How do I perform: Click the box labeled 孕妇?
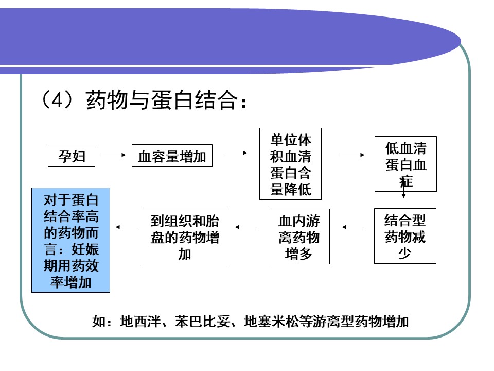click(72, 156)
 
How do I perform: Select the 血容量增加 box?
click(172, 156)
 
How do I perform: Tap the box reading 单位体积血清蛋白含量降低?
click(290, 164)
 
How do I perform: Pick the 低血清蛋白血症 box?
click(406, 164)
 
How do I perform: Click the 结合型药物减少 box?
click(405, 236)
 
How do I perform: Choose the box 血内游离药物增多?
click(298, 237)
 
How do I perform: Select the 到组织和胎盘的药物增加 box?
click(185, 237)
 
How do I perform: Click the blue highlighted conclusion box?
click(71, 240)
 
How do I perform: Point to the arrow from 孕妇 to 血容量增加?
click(113, 155)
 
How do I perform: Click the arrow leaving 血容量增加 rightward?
click(235, 153)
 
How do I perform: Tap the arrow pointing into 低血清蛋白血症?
click(352, 155)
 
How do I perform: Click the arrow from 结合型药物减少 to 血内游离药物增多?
click(352, 227)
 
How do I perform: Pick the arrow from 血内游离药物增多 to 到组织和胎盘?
click(245, 227)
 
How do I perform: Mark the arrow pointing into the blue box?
click(126, 227)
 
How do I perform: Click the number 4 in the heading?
click(57, 100)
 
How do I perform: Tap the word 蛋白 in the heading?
click(172, 100)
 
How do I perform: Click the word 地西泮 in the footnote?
click(140, 322)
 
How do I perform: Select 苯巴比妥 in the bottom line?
click(203, 322)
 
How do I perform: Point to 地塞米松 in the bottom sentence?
click(272, 322)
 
